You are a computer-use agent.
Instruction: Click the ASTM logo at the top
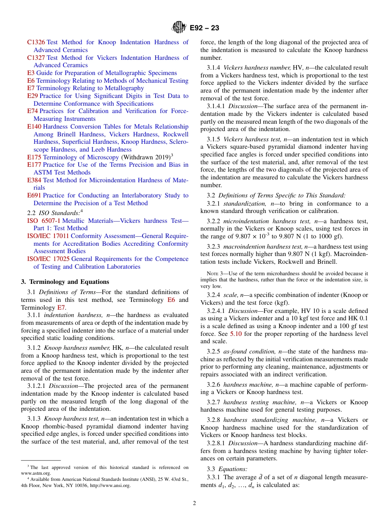click(x=179, y=27)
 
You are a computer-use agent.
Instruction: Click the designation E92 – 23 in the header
click(x=204, y=28)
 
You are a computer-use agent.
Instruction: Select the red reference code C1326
click(x=36, y=42)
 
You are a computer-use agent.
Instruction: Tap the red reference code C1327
click(x=36, y=58)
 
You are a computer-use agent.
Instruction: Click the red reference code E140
click(x=34, y=127)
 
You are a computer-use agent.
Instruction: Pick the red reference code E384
click(x=34, y=180)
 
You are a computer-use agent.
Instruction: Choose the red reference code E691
click(x=34, y=195)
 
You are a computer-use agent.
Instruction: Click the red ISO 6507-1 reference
click(x=44, y=221)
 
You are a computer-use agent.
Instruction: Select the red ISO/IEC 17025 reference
click(x=48, y=259)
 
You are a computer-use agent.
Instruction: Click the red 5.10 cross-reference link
click(x=236, y=334)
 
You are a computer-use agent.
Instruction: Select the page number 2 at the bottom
click(x=194, y=503)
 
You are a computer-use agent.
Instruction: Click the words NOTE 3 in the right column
click(x=214, y=274)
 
